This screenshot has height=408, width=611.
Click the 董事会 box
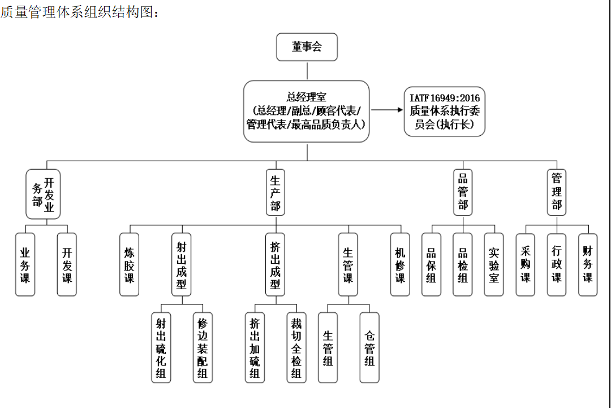pyautogui.click(x=307, y=47)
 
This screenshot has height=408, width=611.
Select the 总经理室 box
pyautogui.click(x=307, y=111)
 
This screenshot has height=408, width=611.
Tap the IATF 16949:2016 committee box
pyautogui.click(x=444, y=111)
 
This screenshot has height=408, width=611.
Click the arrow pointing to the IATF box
pyautogui.click(x=386, y=111)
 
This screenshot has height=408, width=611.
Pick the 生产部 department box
pyautogui.click(x=276, y=193)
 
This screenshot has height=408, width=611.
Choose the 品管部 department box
pyautogui.click(x=463, y=193)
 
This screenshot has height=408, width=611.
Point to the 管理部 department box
pyautogui.click(x=557, y=193)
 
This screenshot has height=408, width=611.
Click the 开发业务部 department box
pyautogui.click(x=43, y=194)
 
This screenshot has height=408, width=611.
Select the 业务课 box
pyautogui.click(x=25, y=264)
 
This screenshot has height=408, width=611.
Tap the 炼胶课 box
pyautogui.click(x=130, y=264)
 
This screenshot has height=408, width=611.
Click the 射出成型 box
pyautogui.click(x=182, y=264)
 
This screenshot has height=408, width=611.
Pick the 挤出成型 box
pyautogui.click(x=276, y=264)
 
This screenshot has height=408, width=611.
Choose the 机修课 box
pyautogui.click(x=400, y=264)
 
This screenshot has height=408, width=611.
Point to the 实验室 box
pyautogui.click(x=494, y=264)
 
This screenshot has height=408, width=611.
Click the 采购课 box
pyautogui.click(x=526, y=264)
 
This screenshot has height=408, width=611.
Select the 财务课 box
pyautogui.click(x=588, y=264)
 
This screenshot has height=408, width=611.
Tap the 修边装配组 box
pyautogui.click(x=203, y=347)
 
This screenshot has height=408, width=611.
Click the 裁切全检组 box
pyautogui.click(x=296, y=347)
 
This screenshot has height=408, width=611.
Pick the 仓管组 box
pyautogui.click(x=369, y=347)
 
